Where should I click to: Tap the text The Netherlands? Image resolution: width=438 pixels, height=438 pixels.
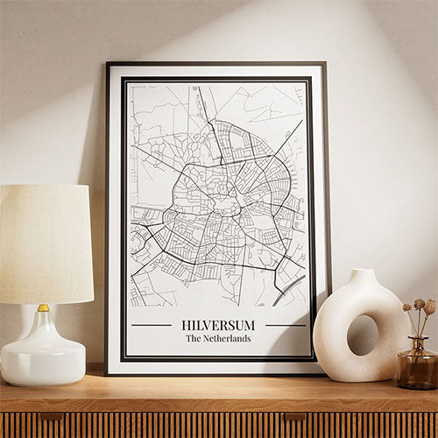pos(218,338)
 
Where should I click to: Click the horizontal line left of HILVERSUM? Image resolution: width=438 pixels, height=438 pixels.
pos(151,325)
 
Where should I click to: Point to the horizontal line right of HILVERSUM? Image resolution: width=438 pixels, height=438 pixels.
pos(285,325)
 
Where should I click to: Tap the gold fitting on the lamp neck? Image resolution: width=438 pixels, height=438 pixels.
pos(43,308)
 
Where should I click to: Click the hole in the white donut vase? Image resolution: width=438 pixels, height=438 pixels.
pos(362,335)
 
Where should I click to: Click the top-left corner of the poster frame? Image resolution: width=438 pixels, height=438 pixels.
pos(107,64)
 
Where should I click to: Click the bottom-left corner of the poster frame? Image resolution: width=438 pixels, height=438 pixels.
pos(107,373)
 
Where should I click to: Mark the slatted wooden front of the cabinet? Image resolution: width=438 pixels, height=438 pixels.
pos(219,425)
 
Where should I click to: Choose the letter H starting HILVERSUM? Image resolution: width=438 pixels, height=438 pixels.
pos(185,325)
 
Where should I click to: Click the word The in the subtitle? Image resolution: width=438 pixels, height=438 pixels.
pos(192,338)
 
